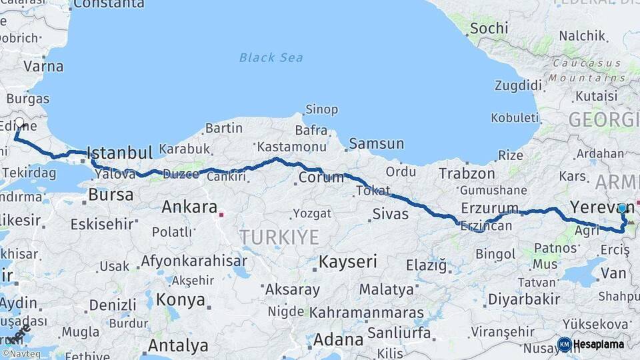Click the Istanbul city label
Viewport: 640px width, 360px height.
(x=120, y=152)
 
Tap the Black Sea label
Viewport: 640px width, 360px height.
(x=271, y=57)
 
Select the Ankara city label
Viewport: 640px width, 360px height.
(x=189, y=207)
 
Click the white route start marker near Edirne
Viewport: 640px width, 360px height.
(x=19, y=123)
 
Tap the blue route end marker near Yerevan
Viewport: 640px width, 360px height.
(x=622, y=208)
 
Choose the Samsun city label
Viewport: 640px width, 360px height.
(x=377, y=143)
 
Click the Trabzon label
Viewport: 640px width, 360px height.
(x=467, y=173)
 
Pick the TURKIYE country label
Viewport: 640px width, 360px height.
(x=279, y=237)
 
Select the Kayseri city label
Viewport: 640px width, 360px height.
(x=348, y=261)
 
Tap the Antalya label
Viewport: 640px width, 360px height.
(x=178, y=346)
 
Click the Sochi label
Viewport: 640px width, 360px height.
(x=489, y=29)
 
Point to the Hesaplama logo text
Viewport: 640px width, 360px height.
(x=599, y=345)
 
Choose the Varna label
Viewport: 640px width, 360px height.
(x=43, y=66)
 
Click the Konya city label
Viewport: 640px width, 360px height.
(x=181, y=300)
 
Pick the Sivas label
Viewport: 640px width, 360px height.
(x=390, y=215)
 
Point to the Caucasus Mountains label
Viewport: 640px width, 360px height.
(x=587, y=70)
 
